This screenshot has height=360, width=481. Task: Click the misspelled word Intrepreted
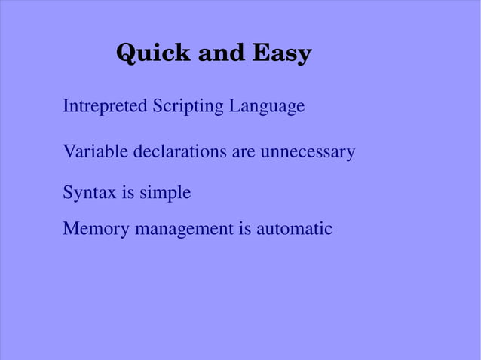tap(106, 106)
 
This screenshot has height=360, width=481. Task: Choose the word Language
tap(267, 107)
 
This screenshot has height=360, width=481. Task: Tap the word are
tap(244, 152)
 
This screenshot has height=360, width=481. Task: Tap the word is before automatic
tap(245, 228)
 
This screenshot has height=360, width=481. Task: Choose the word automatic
tap(294, 228)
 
